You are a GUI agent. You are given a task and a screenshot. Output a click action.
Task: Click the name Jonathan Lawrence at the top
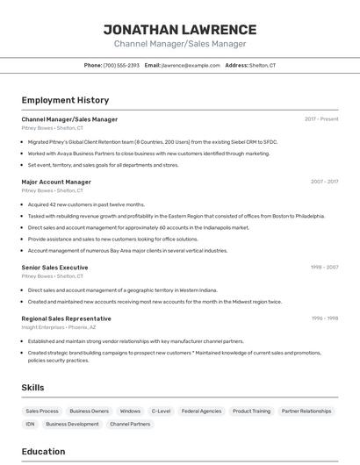click(180, 29)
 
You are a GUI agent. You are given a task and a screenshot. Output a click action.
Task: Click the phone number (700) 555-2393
click(121, 65)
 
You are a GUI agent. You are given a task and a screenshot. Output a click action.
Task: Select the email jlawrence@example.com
click(191, 65)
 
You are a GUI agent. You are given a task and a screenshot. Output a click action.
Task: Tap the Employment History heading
click(65, 100)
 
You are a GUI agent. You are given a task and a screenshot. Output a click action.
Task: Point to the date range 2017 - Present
click(321, 119)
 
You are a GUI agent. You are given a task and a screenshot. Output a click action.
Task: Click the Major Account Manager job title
click(56, 182)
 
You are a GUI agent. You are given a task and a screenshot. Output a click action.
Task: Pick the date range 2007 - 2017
click(324, 182)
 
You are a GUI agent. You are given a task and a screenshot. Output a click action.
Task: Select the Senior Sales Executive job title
click(54, 267)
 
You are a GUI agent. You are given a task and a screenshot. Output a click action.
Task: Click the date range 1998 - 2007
click(324, 267)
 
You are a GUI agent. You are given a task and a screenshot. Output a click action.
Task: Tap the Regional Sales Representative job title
click(66, 318)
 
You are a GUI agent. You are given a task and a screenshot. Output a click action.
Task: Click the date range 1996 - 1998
click(324, 318)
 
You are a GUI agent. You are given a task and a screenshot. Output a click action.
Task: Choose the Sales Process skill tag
click(42, 411)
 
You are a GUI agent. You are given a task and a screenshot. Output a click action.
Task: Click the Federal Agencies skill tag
click(200, 411)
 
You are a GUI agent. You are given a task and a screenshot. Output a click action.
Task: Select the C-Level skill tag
click(161, 411)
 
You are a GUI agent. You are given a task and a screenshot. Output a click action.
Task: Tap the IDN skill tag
click(31, 424)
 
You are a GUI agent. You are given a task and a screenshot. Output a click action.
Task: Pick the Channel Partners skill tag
click(130, 424)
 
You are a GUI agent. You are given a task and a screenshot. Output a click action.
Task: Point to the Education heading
click(43, 452)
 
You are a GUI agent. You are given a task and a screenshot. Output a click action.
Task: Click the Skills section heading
click(32, 387)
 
